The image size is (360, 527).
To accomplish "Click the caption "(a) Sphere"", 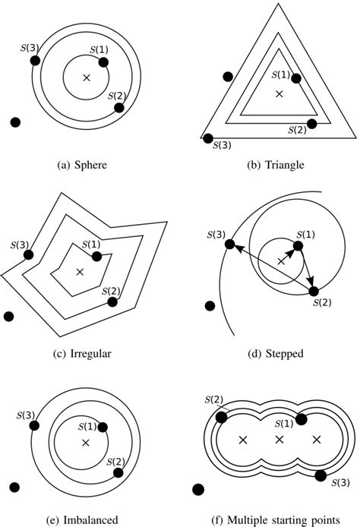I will tap(85, 163).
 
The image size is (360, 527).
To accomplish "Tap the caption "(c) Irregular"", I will tap(85, 355).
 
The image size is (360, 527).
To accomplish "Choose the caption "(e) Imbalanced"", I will tap(85, 519).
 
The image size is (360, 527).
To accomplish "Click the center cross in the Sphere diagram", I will tap(86, 77).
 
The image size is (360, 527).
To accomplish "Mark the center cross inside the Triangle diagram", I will tap(279, 93).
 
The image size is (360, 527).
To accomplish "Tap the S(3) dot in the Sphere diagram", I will tap(35, 62).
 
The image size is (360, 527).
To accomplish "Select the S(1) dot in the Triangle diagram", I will tap(295, 78).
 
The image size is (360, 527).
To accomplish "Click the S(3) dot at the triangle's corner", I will tap(208, 138).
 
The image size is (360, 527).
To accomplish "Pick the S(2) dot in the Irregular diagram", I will tap(113, 301).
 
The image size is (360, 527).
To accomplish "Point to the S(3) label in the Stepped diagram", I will tap(215, 233).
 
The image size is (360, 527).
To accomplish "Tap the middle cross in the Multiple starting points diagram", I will tap(279, 440).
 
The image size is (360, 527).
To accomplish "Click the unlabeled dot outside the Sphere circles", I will tap(15, 121).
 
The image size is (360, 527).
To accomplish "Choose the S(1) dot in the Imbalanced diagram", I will tap(103, 428).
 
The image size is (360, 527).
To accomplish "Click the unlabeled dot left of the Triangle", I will tap(227, 76).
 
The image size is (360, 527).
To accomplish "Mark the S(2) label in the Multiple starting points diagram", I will tap(213, 400).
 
